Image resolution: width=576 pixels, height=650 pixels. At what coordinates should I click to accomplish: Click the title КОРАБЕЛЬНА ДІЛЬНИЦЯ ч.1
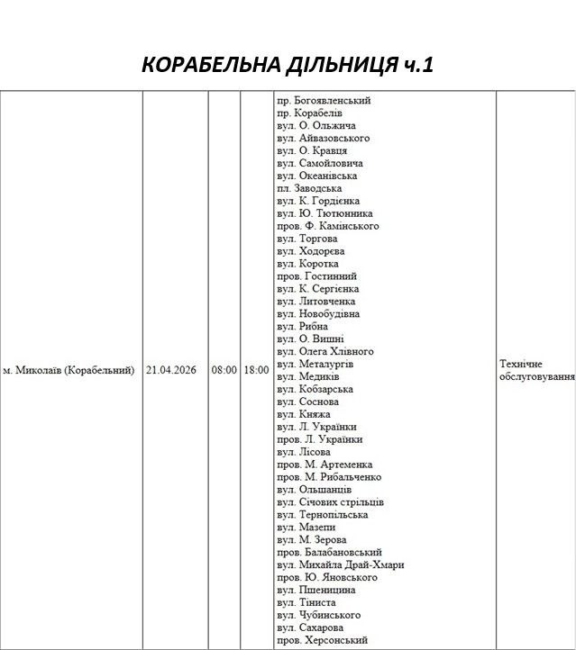pyautogui.click(x=288, y=66)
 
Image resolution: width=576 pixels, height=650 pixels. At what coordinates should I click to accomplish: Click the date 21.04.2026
pyautogui.click(x=171, y=370)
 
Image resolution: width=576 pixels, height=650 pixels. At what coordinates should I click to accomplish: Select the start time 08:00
pyautogui.click(x=224, y=370)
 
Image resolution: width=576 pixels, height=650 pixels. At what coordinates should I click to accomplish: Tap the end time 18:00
pyautogui.click(x=255, y=370)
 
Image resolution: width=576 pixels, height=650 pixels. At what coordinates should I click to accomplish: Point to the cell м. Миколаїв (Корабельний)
pyautogui.click(x=69, y=370)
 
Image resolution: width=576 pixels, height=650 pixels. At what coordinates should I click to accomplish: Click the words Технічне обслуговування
pyautogui.click(x=535, y=370)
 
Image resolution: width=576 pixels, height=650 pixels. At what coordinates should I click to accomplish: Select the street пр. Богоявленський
pyautogui.click(x=324, y=101)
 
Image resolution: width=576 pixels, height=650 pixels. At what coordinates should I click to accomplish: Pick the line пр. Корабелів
pyautogui.click(x=309, y=113)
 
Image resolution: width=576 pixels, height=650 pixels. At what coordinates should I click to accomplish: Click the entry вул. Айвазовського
pyautogui.click(x=323, y=139)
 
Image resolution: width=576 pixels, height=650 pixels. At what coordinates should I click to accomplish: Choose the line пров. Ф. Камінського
pyautogui.click(x=327, y=226)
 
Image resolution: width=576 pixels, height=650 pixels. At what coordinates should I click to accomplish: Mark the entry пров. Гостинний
pyautogui.click(x=316, y=276)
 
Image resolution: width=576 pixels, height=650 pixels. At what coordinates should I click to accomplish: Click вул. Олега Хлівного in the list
pyautogui.click(x=325, y=351)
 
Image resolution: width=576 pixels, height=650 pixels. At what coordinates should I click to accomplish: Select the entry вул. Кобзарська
pyautogui.click(x=315, y=389)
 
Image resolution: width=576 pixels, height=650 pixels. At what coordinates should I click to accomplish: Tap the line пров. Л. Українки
pyautogui.click(x=320, y=439)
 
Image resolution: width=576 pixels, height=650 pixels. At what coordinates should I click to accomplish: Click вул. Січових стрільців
pyautogui.click(x=331, y=501)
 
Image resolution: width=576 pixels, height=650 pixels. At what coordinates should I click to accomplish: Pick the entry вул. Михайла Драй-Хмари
pyautogui.click(x=341, y=564)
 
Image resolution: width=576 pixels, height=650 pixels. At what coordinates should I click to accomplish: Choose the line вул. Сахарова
pyautogui.click(x=310, y=627)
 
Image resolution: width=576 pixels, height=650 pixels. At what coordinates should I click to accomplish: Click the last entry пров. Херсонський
pyautogui.click(x=322, y=639)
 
